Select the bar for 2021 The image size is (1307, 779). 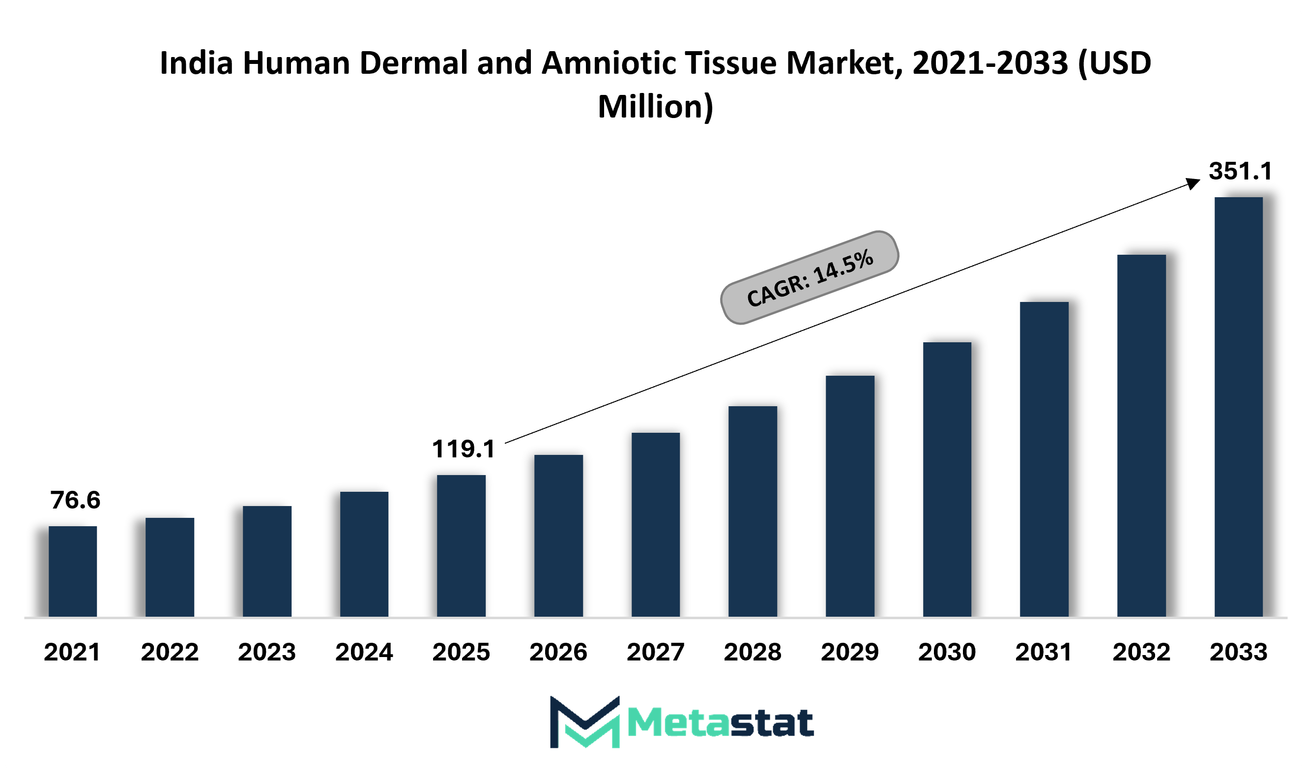[x=72, y=571]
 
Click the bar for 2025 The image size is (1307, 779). [x=461, y=546]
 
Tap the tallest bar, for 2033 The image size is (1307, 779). [x=1239, y=407]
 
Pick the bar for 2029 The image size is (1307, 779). [x=850, y=496]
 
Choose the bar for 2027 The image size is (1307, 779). [x=656, y=525]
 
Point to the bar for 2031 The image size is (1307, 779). [x=1044, y=459]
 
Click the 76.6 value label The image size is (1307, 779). [x=75, y=500]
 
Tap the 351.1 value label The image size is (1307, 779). [x=1240, y=171]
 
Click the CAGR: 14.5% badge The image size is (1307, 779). [x=810, y=278]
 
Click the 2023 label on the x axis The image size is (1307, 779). [x=267, y=653]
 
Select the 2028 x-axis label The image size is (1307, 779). [x=753, y=653]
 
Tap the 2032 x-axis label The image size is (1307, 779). [x=1142, y=653]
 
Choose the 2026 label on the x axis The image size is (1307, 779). [x=558, y=653]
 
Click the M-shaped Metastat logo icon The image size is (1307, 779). [x=584, y=722]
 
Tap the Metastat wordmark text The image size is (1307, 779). [x=721, y=723]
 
